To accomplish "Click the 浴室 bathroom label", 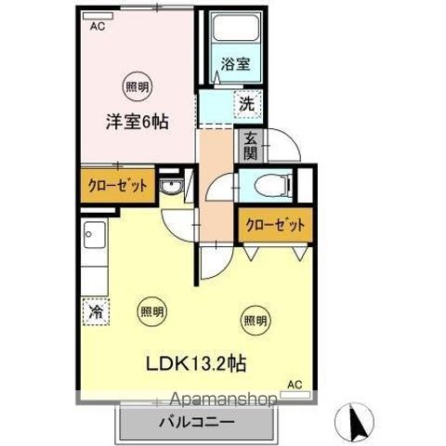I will [x=234, y=65].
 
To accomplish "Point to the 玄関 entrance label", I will [x=251, y=146].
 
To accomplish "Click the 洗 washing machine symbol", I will [x=247, y=104].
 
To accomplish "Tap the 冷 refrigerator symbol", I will [x=96, y=312].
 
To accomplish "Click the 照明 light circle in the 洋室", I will [x=136, y=87].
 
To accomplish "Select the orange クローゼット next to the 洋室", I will [x=119, y=185].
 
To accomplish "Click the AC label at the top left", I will [x=97, y=27].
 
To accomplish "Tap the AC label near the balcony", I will [x=294, y=384].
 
